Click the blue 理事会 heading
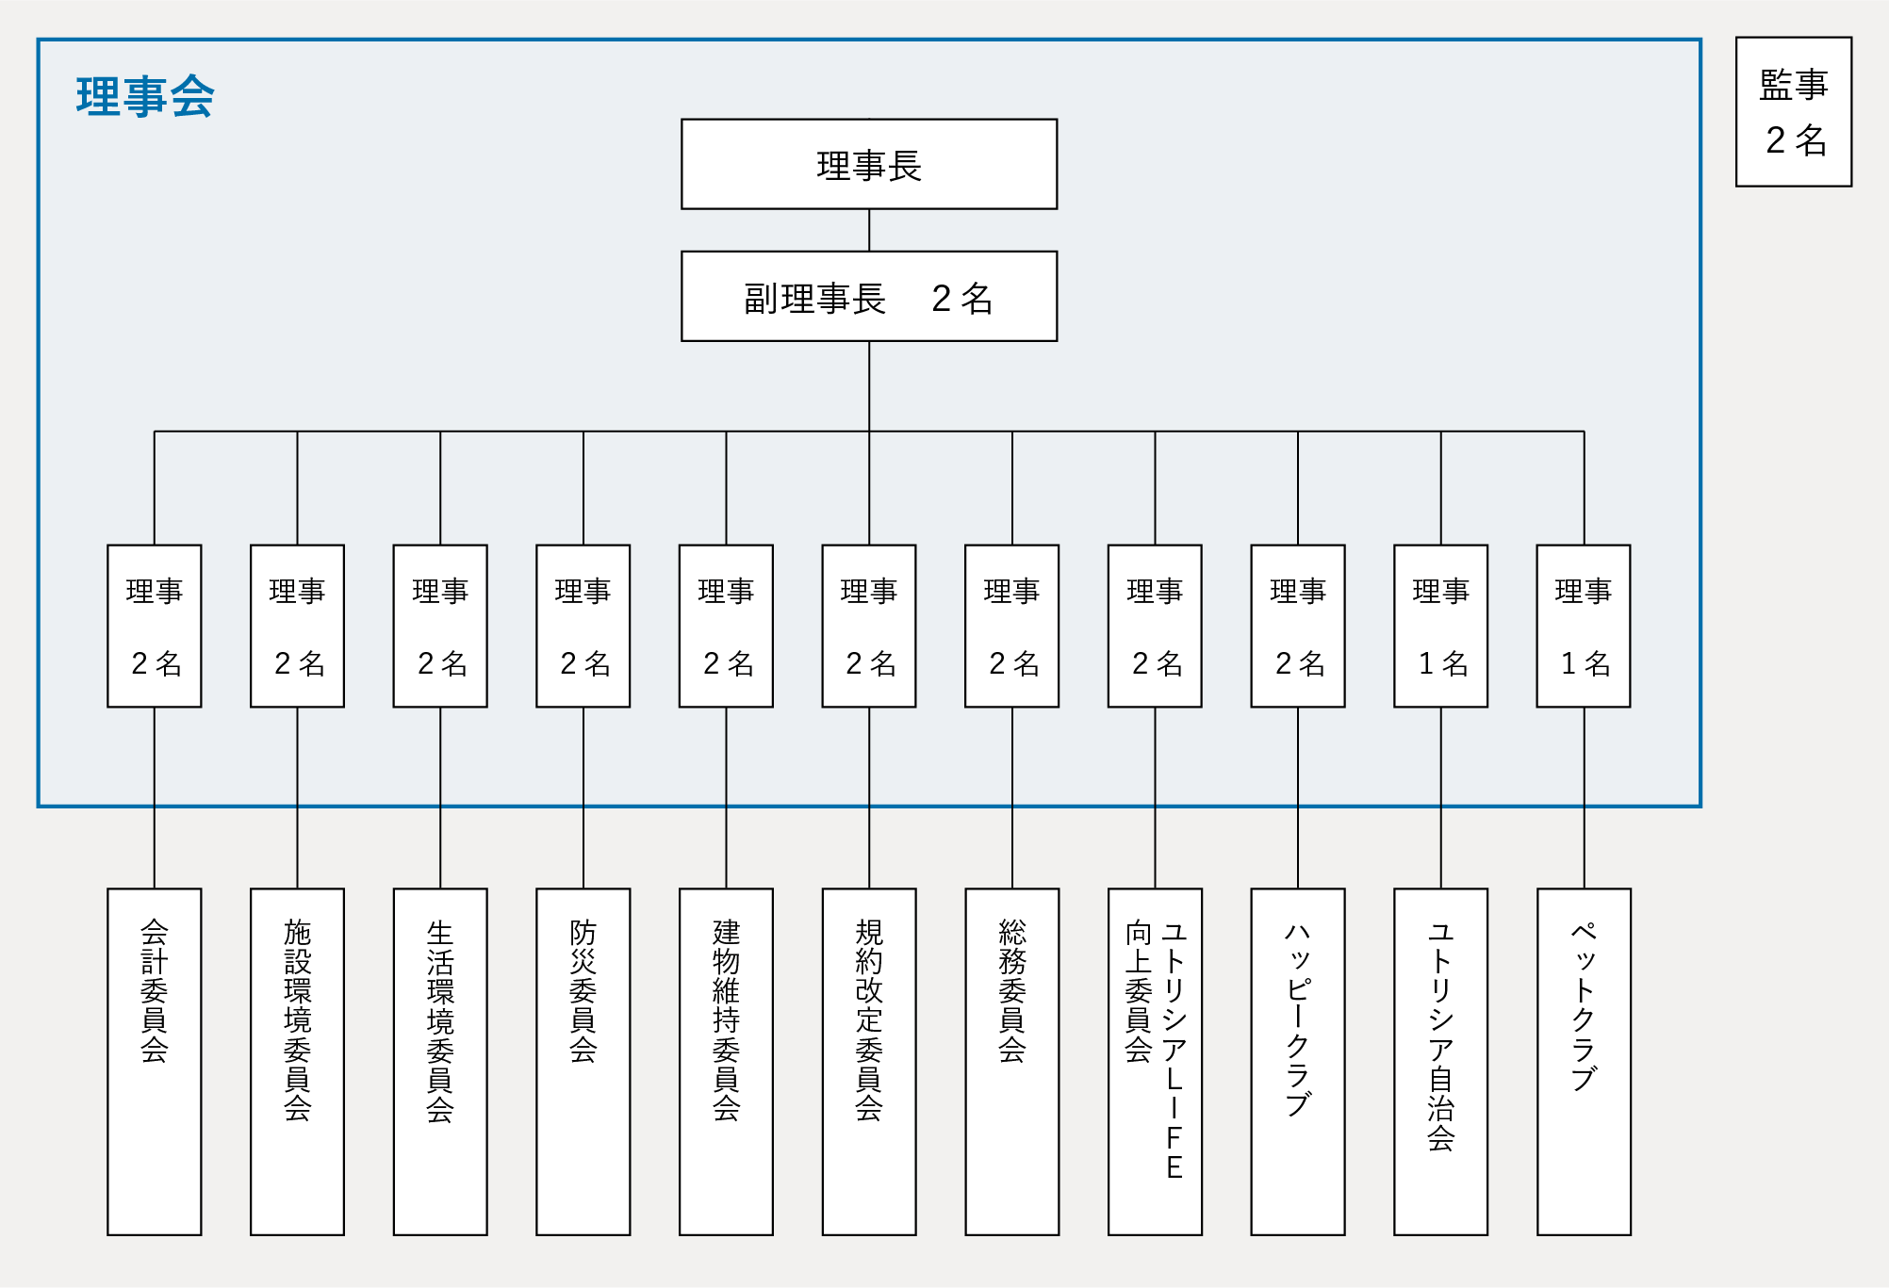145,96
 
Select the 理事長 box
868,164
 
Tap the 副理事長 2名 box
868,296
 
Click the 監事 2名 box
1793,112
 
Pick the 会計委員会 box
155,1061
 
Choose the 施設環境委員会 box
297,1061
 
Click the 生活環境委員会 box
440,1061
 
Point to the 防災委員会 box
583,1061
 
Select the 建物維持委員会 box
726,1061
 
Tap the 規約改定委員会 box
868,1061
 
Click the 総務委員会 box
1011,1061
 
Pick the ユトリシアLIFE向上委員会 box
1155,1061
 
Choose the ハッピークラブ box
1297,1061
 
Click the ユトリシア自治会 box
1440,1061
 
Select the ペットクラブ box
1584,1061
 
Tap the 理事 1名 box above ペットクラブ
1584,626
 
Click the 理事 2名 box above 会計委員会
155,626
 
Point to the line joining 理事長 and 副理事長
869,230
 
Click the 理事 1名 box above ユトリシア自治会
1440,626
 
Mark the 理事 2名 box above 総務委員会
1011,626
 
